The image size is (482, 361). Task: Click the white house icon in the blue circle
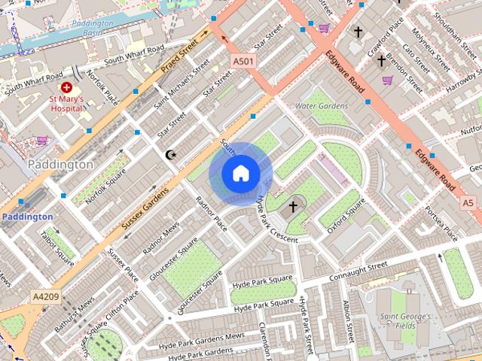coord(240,174)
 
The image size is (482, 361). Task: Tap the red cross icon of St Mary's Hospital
coord(66,88)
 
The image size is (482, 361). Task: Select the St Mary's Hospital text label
coord(66,103)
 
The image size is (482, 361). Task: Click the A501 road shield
coord(243,61)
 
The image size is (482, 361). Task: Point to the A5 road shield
coord(468,203)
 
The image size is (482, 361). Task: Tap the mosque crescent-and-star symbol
coord(171,155)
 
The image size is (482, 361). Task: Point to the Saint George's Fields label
coord(404,321)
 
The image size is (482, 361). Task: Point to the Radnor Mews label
coord(161,237)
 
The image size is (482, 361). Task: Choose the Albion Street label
coord(347,320)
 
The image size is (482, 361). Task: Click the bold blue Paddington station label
coord(27,217)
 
